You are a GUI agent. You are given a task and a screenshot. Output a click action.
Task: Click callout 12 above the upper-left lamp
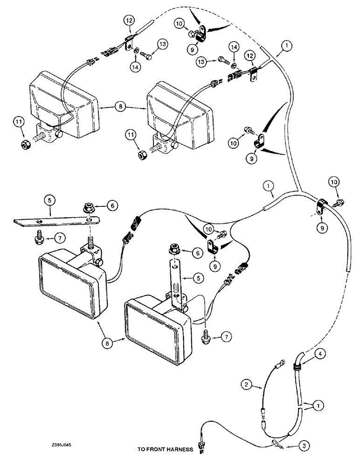[x=129, y=21]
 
